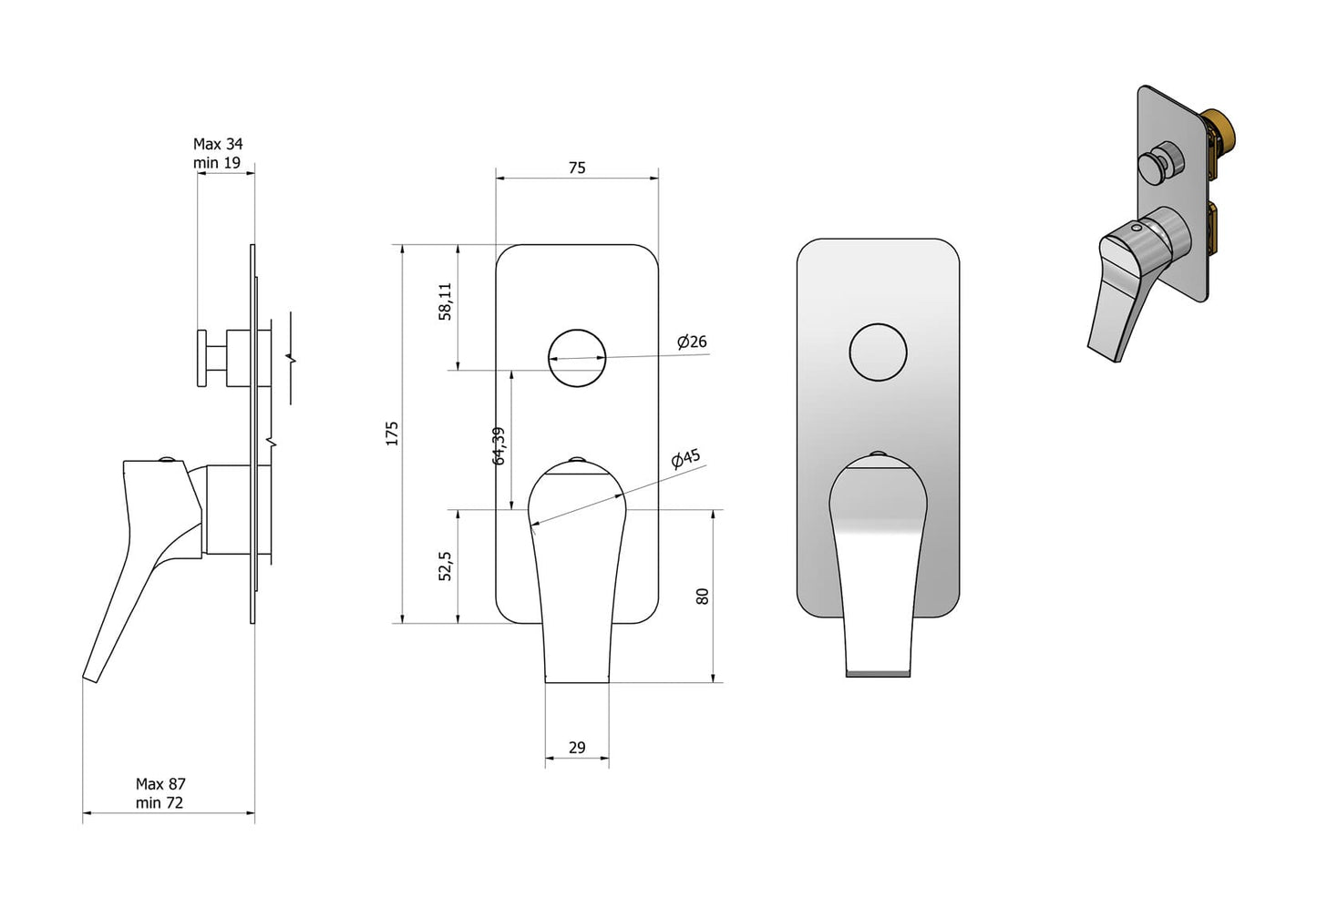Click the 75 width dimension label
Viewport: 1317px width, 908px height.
pos(577,168)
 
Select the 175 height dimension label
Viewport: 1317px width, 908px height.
pos(392,434)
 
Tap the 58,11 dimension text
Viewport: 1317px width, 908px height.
pos(446,301)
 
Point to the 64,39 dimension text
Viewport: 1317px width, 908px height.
pos(499,445)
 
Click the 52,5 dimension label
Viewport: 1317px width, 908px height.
pos(446,566)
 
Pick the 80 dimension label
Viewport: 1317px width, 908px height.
pos(702,597)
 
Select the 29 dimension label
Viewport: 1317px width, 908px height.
pos(577,748)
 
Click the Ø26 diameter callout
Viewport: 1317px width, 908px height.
pos(692,342)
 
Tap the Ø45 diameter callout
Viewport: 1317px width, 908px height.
pos(685,458)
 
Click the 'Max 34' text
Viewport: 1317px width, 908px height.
pos(218,144)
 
